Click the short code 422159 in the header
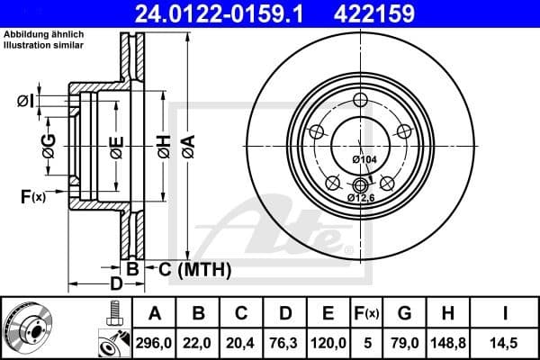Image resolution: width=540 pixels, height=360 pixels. coord(413,13)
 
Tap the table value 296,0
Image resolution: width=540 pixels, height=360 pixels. coord(154,342)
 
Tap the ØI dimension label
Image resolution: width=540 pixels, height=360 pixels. coord(26,101)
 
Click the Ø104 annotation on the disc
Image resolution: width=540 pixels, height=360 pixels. coord(363,159)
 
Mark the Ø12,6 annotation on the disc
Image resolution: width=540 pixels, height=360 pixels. coord(360,197)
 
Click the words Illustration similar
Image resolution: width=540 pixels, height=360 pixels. coord(42,43)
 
